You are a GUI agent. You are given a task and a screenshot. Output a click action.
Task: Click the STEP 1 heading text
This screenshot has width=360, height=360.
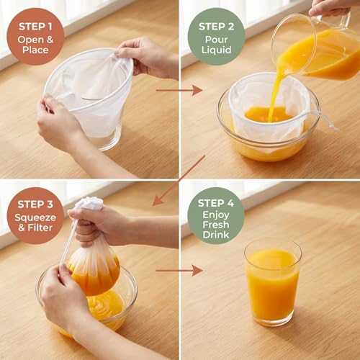35,27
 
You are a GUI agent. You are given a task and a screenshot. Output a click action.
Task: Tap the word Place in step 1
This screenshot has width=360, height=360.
35,50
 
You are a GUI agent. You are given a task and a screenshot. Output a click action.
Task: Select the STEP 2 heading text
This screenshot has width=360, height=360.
216,27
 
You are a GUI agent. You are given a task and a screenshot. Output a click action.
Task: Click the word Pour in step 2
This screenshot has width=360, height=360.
216,40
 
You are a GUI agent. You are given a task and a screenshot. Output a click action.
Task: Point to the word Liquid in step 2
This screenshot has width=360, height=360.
216,50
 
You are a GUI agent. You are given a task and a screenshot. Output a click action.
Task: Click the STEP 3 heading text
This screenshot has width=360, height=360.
35,204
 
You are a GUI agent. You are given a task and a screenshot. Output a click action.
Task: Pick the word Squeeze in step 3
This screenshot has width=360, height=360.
35,217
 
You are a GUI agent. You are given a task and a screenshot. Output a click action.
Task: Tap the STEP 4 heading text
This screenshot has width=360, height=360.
216,203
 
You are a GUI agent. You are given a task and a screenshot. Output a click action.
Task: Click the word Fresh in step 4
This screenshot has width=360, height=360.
216,225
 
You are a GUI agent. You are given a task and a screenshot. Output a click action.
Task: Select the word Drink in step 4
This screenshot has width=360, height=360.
216,235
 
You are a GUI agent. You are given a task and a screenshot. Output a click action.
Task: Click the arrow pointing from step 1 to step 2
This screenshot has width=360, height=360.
179,91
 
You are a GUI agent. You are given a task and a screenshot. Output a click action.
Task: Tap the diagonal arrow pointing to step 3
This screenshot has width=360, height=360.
179,181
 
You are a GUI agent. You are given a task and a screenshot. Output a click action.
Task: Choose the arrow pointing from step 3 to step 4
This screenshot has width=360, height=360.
179,271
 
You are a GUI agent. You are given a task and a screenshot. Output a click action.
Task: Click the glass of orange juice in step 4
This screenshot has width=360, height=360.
273,282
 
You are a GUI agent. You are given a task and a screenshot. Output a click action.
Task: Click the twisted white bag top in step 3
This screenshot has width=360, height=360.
89,203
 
